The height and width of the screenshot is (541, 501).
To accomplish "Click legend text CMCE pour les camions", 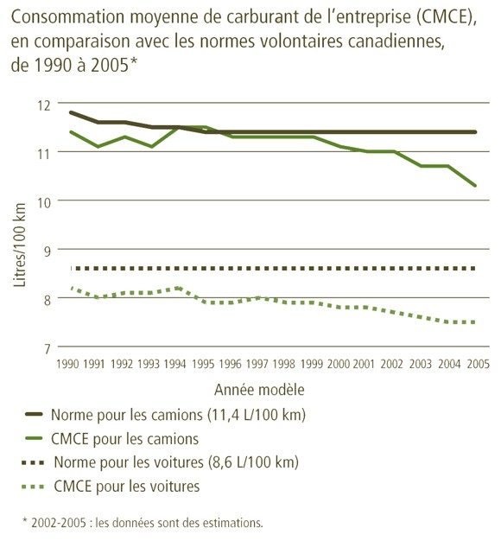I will point(125,438).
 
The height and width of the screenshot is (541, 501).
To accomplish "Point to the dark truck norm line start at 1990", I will point(70,112).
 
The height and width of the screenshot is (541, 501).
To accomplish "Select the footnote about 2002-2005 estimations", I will point(142,522).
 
